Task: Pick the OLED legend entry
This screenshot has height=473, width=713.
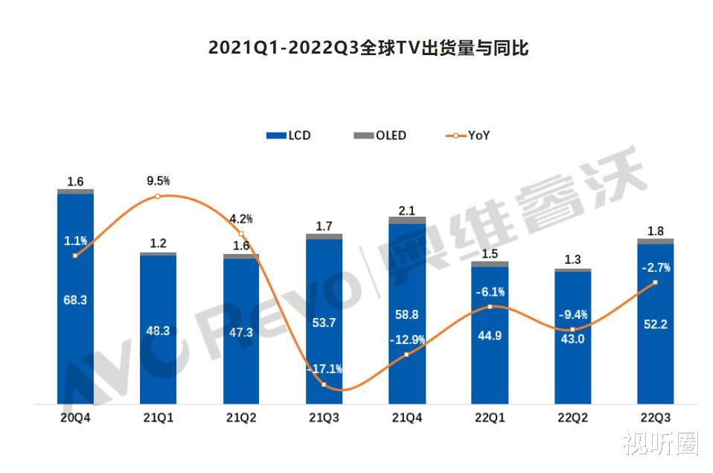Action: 380,136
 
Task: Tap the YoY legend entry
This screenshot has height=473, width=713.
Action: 469,136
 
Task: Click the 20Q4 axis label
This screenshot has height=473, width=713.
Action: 75,418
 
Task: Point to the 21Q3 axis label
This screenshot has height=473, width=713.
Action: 324,418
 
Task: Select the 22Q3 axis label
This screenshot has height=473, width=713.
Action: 655,418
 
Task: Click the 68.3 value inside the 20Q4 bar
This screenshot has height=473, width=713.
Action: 75,300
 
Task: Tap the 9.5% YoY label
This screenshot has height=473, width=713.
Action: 158,180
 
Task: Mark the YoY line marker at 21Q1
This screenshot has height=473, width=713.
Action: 158,196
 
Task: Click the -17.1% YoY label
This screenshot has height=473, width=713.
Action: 324,369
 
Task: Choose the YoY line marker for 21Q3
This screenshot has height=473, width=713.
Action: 324,384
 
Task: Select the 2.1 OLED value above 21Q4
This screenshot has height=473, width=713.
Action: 406,211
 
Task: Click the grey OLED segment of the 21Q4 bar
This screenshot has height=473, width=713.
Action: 406,220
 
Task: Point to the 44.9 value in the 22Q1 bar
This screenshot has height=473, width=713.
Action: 490,336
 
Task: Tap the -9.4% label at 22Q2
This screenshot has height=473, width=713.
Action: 572,314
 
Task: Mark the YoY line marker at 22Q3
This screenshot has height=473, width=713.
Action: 655,282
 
